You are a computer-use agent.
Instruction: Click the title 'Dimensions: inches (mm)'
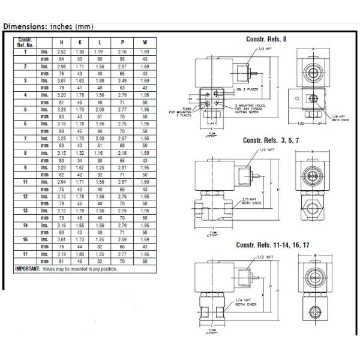click(49, 26)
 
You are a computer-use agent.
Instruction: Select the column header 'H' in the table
click(61, 42)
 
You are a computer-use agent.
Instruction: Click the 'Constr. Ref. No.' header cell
click(25, 41)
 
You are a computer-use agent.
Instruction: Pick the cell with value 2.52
click(61, 52)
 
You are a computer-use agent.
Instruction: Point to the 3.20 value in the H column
click(61, 95)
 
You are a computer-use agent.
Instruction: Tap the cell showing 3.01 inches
click(61, 239)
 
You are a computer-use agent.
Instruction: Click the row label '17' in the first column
click(25, 254)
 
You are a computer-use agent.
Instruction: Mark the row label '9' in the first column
click(25, 167)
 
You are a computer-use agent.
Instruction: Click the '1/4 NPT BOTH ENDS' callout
click(244, 305)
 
